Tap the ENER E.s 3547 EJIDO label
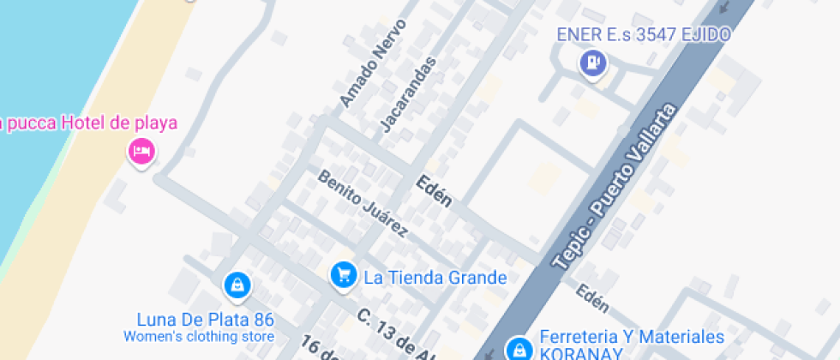click(x=643, y=35)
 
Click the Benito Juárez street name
click(x=362, y=204)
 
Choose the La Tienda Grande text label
click(x=435, y=278)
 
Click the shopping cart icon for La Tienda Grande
click(x=343, y=274)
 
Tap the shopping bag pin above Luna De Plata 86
click(x=236, y=284)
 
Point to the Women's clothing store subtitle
click(x=199, y=337)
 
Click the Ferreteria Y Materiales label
click(x=632, y=337)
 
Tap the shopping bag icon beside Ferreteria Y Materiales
click(x=518, y=348)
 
